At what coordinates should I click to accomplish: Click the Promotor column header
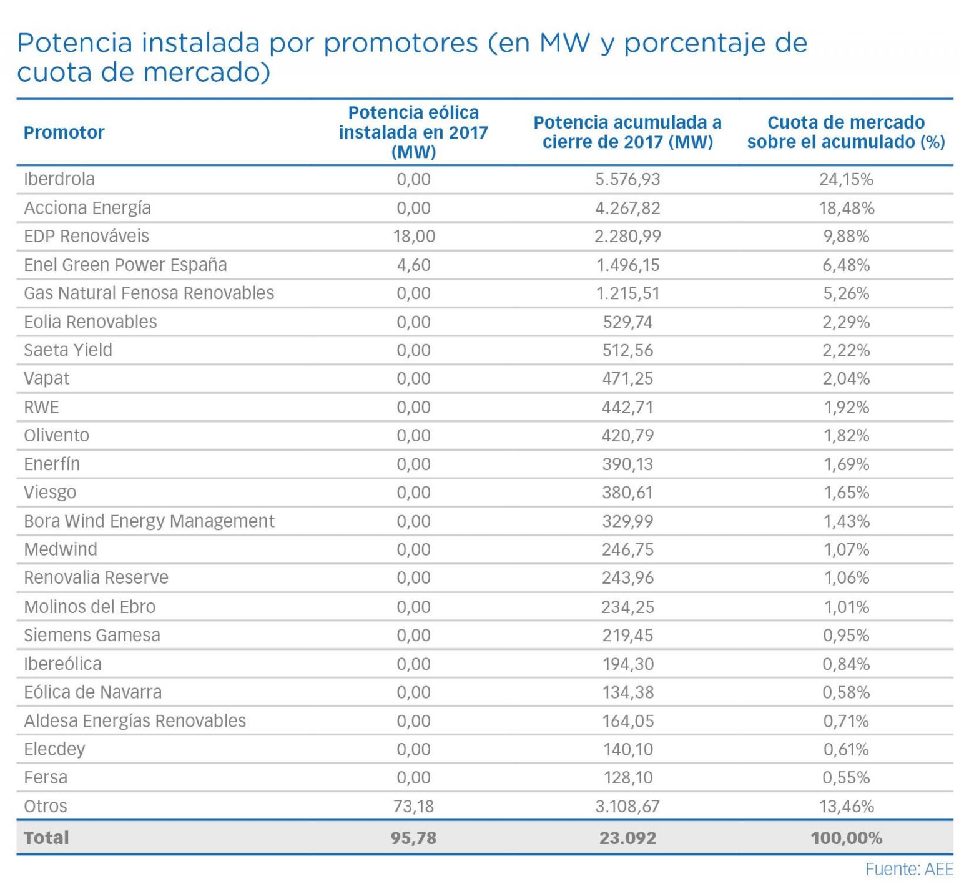click(x=64, y=132)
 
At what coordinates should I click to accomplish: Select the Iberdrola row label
click(x=59, y=179)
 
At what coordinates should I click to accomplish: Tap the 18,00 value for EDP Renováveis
click(x=414, y=236)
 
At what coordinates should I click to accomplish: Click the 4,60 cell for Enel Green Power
click(x=414, y=265)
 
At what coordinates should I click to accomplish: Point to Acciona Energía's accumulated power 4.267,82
click(x=627, y=208)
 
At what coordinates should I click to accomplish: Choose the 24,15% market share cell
click(x=846, y=179)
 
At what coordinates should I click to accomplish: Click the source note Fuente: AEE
click(x=909, y=869)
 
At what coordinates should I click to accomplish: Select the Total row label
click(x=46, y=838)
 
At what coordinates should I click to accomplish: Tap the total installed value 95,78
click(x=414, y=838)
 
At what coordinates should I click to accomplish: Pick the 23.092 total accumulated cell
click(x=627, y=838)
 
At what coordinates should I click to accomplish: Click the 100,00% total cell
click(x=846, y=838)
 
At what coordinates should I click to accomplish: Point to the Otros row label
click(x=45, y=806)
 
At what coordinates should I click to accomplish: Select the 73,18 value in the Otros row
click(x=414, y=806)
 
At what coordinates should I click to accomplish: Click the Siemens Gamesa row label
click(x=92, y=635)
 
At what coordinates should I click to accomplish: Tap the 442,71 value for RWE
click(x=627, y=407)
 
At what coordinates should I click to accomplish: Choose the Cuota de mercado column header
click(x=846, y=132)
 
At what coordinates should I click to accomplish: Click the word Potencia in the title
click(x=75, y=42)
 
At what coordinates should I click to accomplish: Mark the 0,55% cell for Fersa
click(x=846, y=777)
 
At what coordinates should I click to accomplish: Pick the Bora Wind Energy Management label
click(x=149, y=521)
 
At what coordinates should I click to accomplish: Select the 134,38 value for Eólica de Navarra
click(x=627, y=692)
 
